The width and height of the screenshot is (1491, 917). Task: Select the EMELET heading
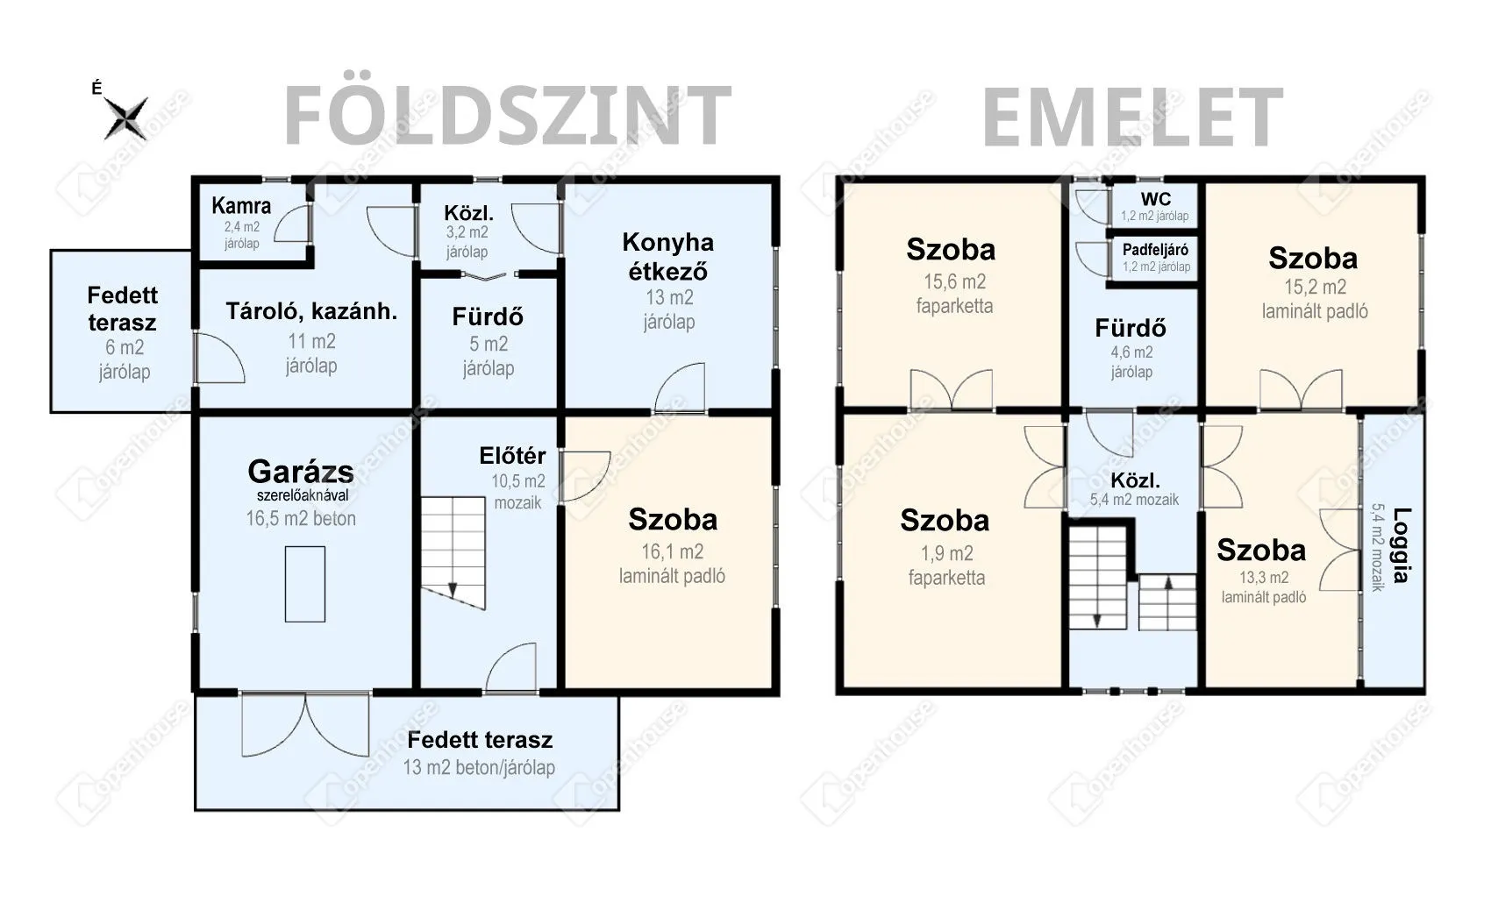point(1132,117)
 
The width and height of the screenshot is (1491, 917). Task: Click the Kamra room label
point(241,206)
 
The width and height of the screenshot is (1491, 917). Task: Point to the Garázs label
point(301,471)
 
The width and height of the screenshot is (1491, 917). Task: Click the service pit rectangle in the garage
point(305,584)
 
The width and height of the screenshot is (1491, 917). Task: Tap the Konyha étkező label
point(667,257)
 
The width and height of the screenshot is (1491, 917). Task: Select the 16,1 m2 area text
point(673,551)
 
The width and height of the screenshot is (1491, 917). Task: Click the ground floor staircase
point(453,553)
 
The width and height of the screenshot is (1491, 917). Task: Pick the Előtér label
point(512,456)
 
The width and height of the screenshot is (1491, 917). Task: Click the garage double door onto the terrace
point(305,724)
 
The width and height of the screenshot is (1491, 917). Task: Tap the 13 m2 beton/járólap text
point(479,767)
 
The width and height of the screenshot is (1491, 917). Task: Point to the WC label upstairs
point(1156,199)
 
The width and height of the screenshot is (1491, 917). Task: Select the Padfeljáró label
point(1156,250)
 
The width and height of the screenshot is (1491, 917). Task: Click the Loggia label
point(1402,545)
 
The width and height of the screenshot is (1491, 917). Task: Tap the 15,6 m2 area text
point(954,282)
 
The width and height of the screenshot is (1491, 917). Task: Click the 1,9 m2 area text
point(946,553)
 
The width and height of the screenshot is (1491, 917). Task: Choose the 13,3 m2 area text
point(1263,578)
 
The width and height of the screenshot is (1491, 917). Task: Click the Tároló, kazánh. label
point(311,311)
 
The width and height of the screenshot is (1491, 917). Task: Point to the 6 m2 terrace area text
point(125,347)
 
